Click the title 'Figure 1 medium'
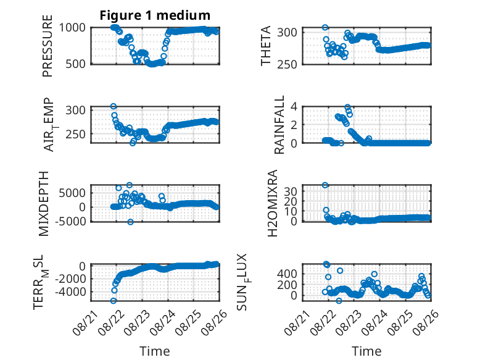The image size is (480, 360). [x=155, y=15]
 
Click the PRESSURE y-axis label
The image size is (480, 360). [x=48, y=46]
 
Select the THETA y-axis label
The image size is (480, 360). [x=266, y=46]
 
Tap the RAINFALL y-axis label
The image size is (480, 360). [x=279, y=124]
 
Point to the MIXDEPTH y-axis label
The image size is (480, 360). [x=44, y=204]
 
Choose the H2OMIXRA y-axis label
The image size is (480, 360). [x=273, y=203]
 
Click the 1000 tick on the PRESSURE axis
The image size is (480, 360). [x=72, y=28]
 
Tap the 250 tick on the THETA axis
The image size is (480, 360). [x=287, y=64]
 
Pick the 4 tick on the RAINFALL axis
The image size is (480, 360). [x=294, y=107]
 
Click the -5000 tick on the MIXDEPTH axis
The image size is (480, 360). [x=70, y=221]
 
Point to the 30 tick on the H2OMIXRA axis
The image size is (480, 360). [x=291, y=191]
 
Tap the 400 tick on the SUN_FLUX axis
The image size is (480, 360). [x=287, y=274]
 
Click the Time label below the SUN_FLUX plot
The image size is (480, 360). [x=366, y=351]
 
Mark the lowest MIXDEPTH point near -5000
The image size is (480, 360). [x=130, y=222]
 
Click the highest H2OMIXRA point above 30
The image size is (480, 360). [x=325, y=185]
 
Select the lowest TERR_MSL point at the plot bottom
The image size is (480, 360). [x=114, y=301]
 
